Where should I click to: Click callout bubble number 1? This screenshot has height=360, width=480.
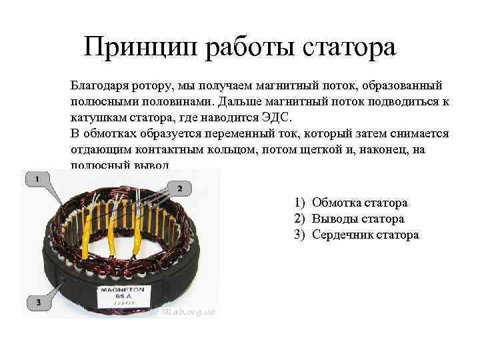click(38, 179)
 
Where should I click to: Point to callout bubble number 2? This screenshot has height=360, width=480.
click(179, 189)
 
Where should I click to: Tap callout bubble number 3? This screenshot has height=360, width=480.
click(39, 302)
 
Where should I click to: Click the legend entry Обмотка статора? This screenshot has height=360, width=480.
click(359, 203)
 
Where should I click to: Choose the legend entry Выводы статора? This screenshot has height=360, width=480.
click(357, 219)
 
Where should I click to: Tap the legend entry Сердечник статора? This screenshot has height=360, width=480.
click(365, 235)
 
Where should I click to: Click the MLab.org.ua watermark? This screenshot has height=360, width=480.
click(188, 311)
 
